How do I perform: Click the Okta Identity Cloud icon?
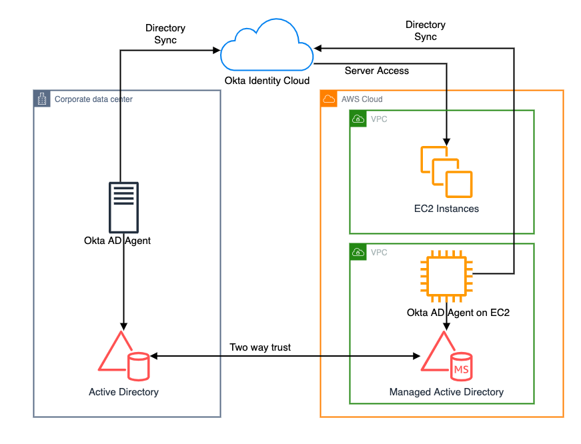(267, 47)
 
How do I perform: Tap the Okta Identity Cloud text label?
(267, 81)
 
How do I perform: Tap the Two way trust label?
(260, 347)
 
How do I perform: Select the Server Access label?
(377, 71)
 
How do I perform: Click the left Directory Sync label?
(165, 35)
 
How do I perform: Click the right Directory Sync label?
(426, 31)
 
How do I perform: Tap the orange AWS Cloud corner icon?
(329, 99)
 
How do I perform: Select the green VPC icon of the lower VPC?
(358, 252)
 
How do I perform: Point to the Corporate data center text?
(93, 99)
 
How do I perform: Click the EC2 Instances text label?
(446, 209)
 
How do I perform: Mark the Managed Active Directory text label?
(446, 392)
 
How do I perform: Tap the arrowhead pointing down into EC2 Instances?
(447, 142)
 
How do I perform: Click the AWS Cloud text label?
(362, 99)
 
